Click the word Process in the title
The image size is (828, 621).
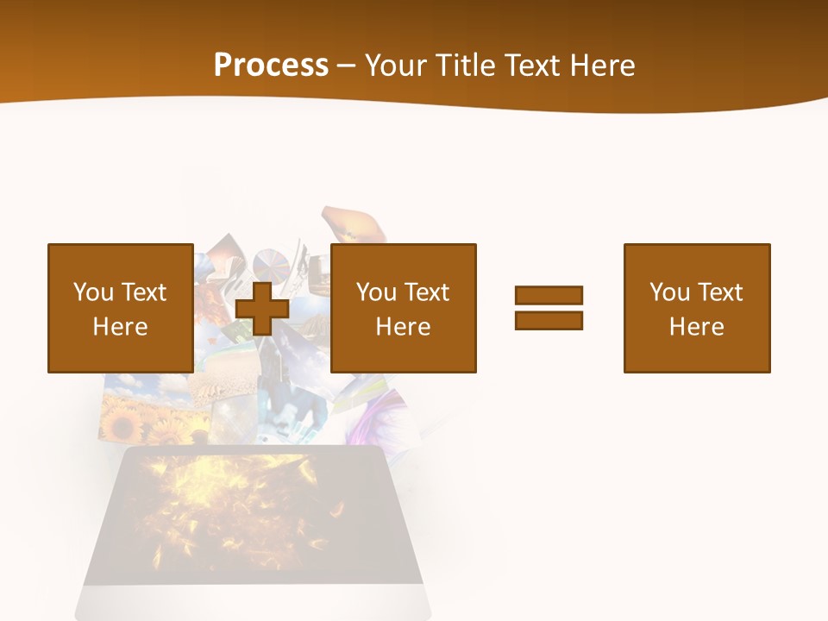pos(271,66)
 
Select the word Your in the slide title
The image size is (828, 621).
pos(394,66)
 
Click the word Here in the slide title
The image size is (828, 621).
pos(601,66)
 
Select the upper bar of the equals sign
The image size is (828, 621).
pos(549,296)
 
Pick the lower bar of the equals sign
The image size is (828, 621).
pos(549,320)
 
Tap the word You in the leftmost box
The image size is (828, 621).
pos(94,292)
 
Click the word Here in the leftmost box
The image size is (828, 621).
pos(120,327)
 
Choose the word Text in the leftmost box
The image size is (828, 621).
pos(143,292)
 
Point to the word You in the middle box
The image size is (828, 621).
pos(377,292)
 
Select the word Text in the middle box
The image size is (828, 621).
pos(426,292)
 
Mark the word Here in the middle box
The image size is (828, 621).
pos(403,327)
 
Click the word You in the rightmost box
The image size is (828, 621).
pos(670,292)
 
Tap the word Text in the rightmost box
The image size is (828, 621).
pos(719,292)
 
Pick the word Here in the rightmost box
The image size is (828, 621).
pos(696,327)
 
